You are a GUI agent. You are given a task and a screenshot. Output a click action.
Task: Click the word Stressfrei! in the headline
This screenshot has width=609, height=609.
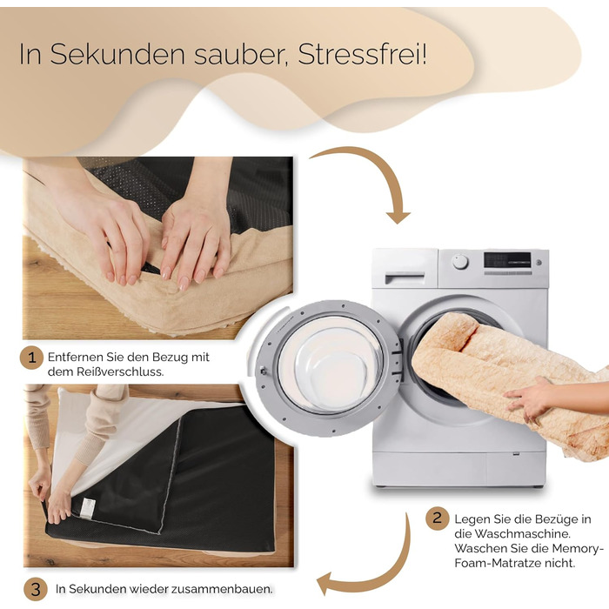tap(363, 54)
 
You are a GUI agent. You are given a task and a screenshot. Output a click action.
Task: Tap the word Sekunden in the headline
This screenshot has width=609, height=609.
tap(117, 54)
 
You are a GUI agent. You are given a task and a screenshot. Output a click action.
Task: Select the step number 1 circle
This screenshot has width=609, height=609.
tap(31, 358)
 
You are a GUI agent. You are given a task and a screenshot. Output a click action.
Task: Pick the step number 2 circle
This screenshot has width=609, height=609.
tap(438, 518)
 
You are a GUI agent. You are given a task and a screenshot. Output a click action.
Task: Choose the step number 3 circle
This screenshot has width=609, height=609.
tap(36, 590)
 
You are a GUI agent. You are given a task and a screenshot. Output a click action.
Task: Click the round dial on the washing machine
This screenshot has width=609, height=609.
tap(460, 262)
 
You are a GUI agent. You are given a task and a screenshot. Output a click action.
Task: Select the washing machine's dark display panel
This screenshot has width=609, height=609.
tap(507, 260)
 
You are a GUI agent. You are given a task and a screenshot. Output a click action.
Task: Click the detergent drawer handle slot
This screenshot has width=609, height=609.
tap(405, 278)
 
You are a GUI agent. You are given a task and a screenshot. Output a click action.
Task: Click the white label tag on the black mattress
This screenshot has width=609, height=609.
tap(87, 508)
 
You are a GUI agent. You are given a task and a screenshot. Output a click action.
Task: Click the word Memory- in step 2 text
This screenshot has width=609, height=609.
tap(578, 548)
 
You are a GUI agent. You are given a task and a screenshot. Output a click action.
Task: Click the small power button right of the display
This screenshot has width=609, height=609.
tap(539, 263)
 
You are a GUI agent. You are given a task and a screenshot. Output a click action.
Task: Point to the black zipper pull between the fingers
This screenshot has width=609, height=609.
tap(152, 268)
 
